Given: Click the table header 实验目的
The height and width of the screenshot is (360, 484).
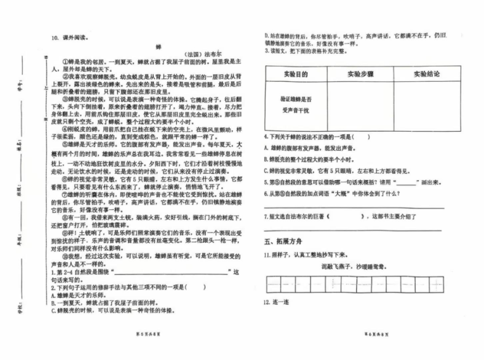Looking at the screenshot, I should coord(295,75).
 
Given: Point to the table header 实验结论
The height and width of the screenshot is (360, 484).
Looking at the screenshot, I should coord(426,75).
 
